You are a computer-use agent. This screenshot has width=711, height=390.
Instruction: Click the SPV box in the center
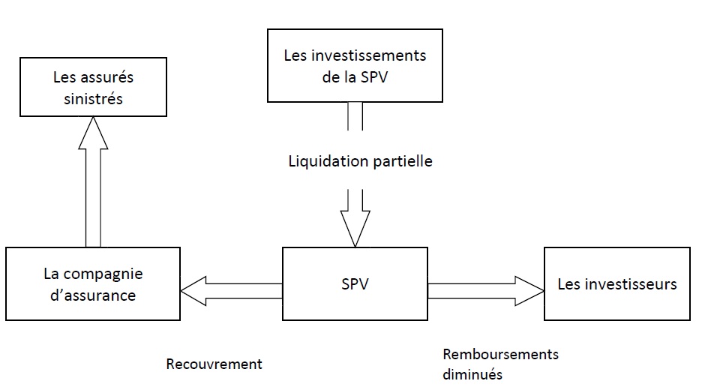coord(354,285)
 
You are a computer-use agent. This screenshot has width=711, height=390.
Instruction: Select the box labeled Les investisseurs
coord(616,284)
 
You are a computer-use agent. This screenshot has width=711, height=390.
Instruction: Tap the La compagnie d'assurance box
coord(92,284)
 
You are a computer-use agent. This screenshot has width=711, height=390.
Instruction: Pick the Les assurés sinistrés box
coord(93,88)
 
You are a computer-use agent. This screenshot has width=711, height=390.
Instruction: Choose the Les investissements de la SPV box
coord(355,65)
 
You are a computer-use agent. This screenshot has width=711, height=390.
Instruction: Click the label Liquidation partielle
coord(360,161)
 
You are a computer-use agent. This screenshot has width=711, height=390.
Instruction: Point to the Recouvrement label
coord(214,364)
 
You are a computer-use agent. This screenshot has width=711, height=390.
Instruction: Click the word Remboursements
coord(500,355)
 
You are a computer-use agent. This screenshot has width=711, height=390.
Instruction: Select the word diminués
coord(472,373)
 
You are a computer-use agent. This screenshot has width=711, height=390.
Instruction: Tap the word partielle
coord(403,161)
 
